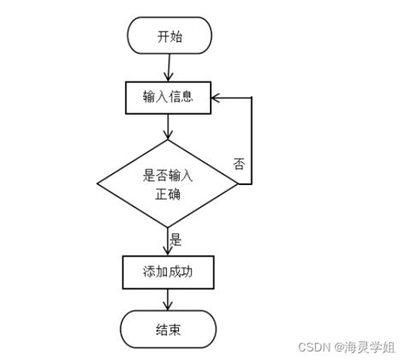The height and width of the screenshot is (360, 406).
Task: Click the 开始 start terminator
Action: pos(169,37)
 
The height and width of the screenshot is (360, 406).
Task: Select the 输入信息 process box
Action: pos(168,97)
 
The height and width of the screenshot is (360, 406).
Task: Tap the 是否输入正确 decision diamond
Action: pos(168,184)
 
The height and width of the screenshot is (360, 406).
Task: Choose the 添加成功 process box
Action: pos(168,273)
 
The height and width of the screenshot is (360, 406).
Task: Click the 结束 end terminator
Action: pos(168,327)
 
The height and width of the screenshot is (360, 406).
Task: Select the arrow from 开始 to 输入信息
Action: pos(169,68)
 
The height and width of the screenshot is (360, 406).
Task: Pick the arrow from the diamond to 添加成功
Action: pos(169,242)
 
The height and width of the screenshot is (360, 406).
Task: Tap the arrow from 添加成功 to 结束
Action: pos(169,300)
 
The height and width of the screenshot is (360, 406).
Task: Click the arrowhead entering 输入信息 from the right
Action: pos(218,97)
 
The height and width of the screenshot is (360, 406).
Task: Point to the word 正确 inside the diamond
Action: pos(168,195)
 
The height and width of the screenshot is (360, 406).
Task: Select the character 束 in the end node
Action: pos(176,327)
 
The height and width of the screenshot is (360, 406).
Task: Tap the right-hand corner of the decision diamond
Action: pos(239,184)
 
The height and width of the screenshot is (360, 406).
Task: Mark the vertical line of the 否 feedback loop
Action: pos(252,141)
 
